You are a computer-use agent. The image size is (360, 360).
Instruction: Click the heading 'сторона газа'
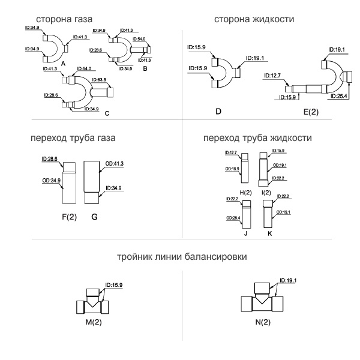(x=64, y=19)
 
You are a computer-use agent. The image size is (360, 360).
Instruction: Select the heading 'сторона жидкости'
(x=254, y=19)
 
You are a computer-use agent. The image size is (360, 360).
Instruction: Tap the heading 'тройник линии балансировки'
(x=182, y=256)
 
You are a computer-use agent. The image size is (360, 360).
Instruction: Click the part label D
(x=218, y=112)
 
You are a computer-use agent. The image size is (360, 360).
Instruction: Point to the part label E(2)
(x=311, y=112)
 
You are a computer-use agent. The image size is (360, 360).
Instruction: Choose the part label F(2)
(x=70, y=217)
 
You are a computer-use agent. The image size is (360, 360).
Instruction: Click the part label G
(x=94, y=217)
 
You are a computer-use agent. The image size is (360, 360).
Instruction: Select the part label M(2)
(x=94, y=322)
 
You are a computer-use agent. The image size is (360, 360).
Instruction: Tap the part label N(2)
(x=263, y=322)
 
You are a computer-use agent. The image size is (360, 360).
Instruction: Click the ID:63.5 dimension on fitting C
(x=99, y=80)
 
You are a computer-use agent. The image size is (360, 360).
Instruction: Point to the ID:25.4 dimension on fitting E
(x=338, y=96)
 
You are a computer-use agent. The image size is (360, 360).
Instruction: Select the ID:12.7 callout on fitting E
(x=272, y=76)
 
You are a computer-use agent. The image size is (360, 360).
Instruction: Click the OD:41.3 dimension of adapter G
(x=115, y=163)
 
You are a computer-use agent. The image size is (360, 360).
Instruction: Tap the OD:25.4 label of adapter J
(x=233, y=218)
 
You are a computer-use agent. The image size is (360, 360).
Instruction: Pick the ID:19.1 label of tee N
(x=288, y=281)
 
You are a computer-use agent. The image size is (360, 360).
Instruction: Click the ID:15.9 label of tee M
(x=114, y=285)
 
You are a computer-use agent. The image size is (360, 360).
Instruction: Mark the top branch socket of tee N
(x=262, y=288)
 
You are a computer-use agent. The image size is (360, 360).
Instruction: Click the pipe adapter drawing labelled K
(x=268, y=214)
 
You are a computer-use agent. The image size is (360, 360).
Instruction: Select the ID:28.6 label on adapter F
(x=50, y=159)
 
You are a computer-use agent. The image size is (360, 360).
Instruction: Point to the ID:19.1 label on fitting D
(x=255, y=58)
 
